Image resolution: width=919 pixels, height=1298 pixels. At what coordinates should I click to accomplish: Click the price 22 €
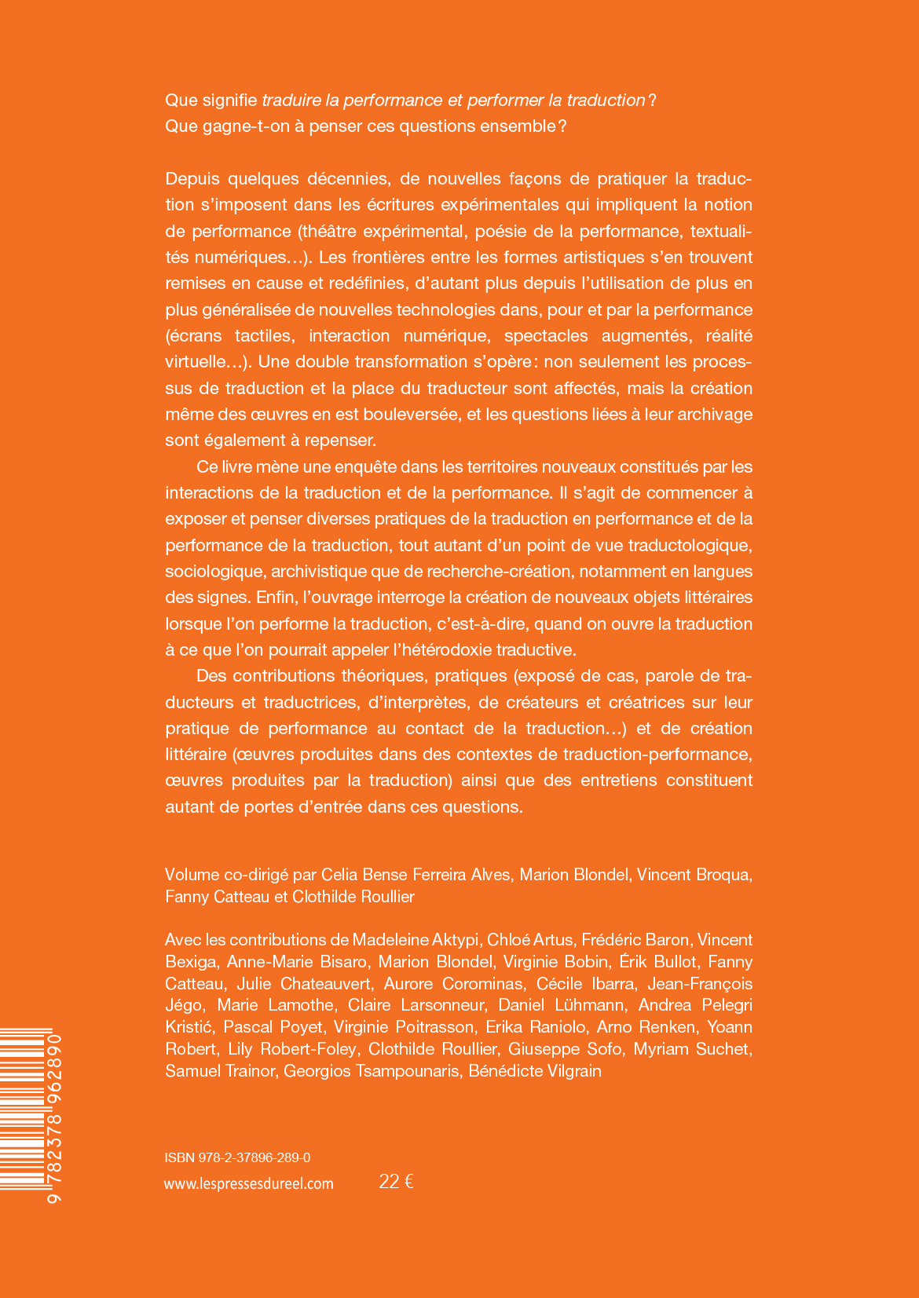396,1182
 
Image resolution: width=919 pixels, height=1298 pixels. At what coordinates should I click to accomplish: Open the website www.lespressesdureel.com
249,1183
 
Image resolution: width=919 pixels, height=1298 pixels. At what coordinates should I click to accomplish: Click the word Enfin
275,597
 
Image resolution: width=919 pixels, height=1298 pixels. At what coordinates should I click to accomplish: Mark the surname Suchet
722,1048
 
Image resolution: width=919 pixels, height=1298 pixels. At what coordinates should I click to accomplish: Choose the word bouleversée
414,414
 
